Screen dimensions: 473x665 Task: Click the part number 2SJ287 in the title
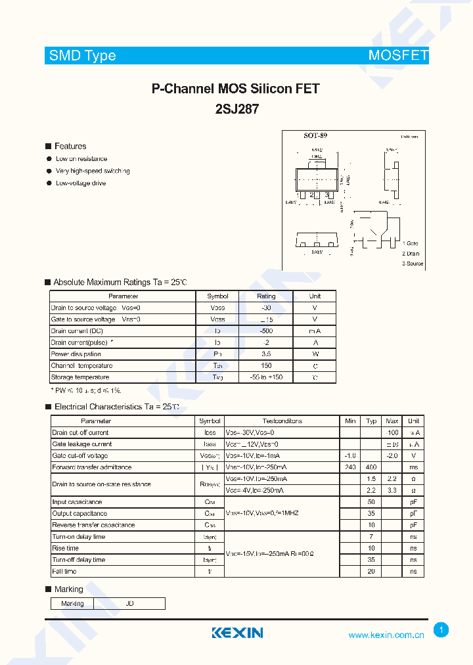[x=236, y=110]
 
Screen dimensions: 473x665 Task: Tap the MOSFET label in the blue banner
[x=398, y=56]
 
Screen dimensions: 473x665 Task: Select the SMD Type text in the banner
[x=83, y=56]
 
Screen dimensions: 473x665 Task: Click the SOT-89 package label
[x=315, y=135]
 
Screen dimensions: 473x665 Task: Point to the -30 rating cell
[x=265, y=308]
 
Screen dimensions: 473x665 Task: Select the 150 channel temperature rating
[x=265, y=365]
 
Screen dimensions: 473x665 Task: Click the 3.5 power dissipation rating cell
[x=265, y=354]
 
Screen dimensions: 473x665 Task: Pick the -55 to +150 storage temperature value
[x=265, y=377]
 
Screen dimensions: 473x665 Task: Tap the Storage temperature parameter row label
[x=80, y=377]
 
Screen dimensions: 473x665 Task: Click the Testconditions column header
[x=282, y=421]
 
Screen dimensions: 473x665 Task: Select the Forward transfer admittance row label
[x=92, y=467]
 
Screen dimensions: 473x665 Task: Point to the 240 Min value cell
[x=350, y=467]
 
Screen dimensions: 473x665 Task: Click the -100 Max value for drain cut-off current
[x=392, y=432]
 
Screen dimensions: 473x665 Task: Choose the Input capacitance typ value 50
[x=371, y=502]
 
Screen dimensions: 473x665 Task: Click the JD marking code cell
[x=129, y=603]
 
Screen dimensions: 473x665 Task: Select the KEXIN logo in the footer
[x=237, y=633]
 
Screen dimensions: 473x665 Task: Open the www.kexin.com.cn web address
[x=386, y=635]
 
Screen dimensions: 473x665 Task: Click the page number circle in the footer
[x=441, y=630]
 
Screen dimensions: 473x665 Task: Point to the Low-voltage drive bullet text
[x=81, y=183]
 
